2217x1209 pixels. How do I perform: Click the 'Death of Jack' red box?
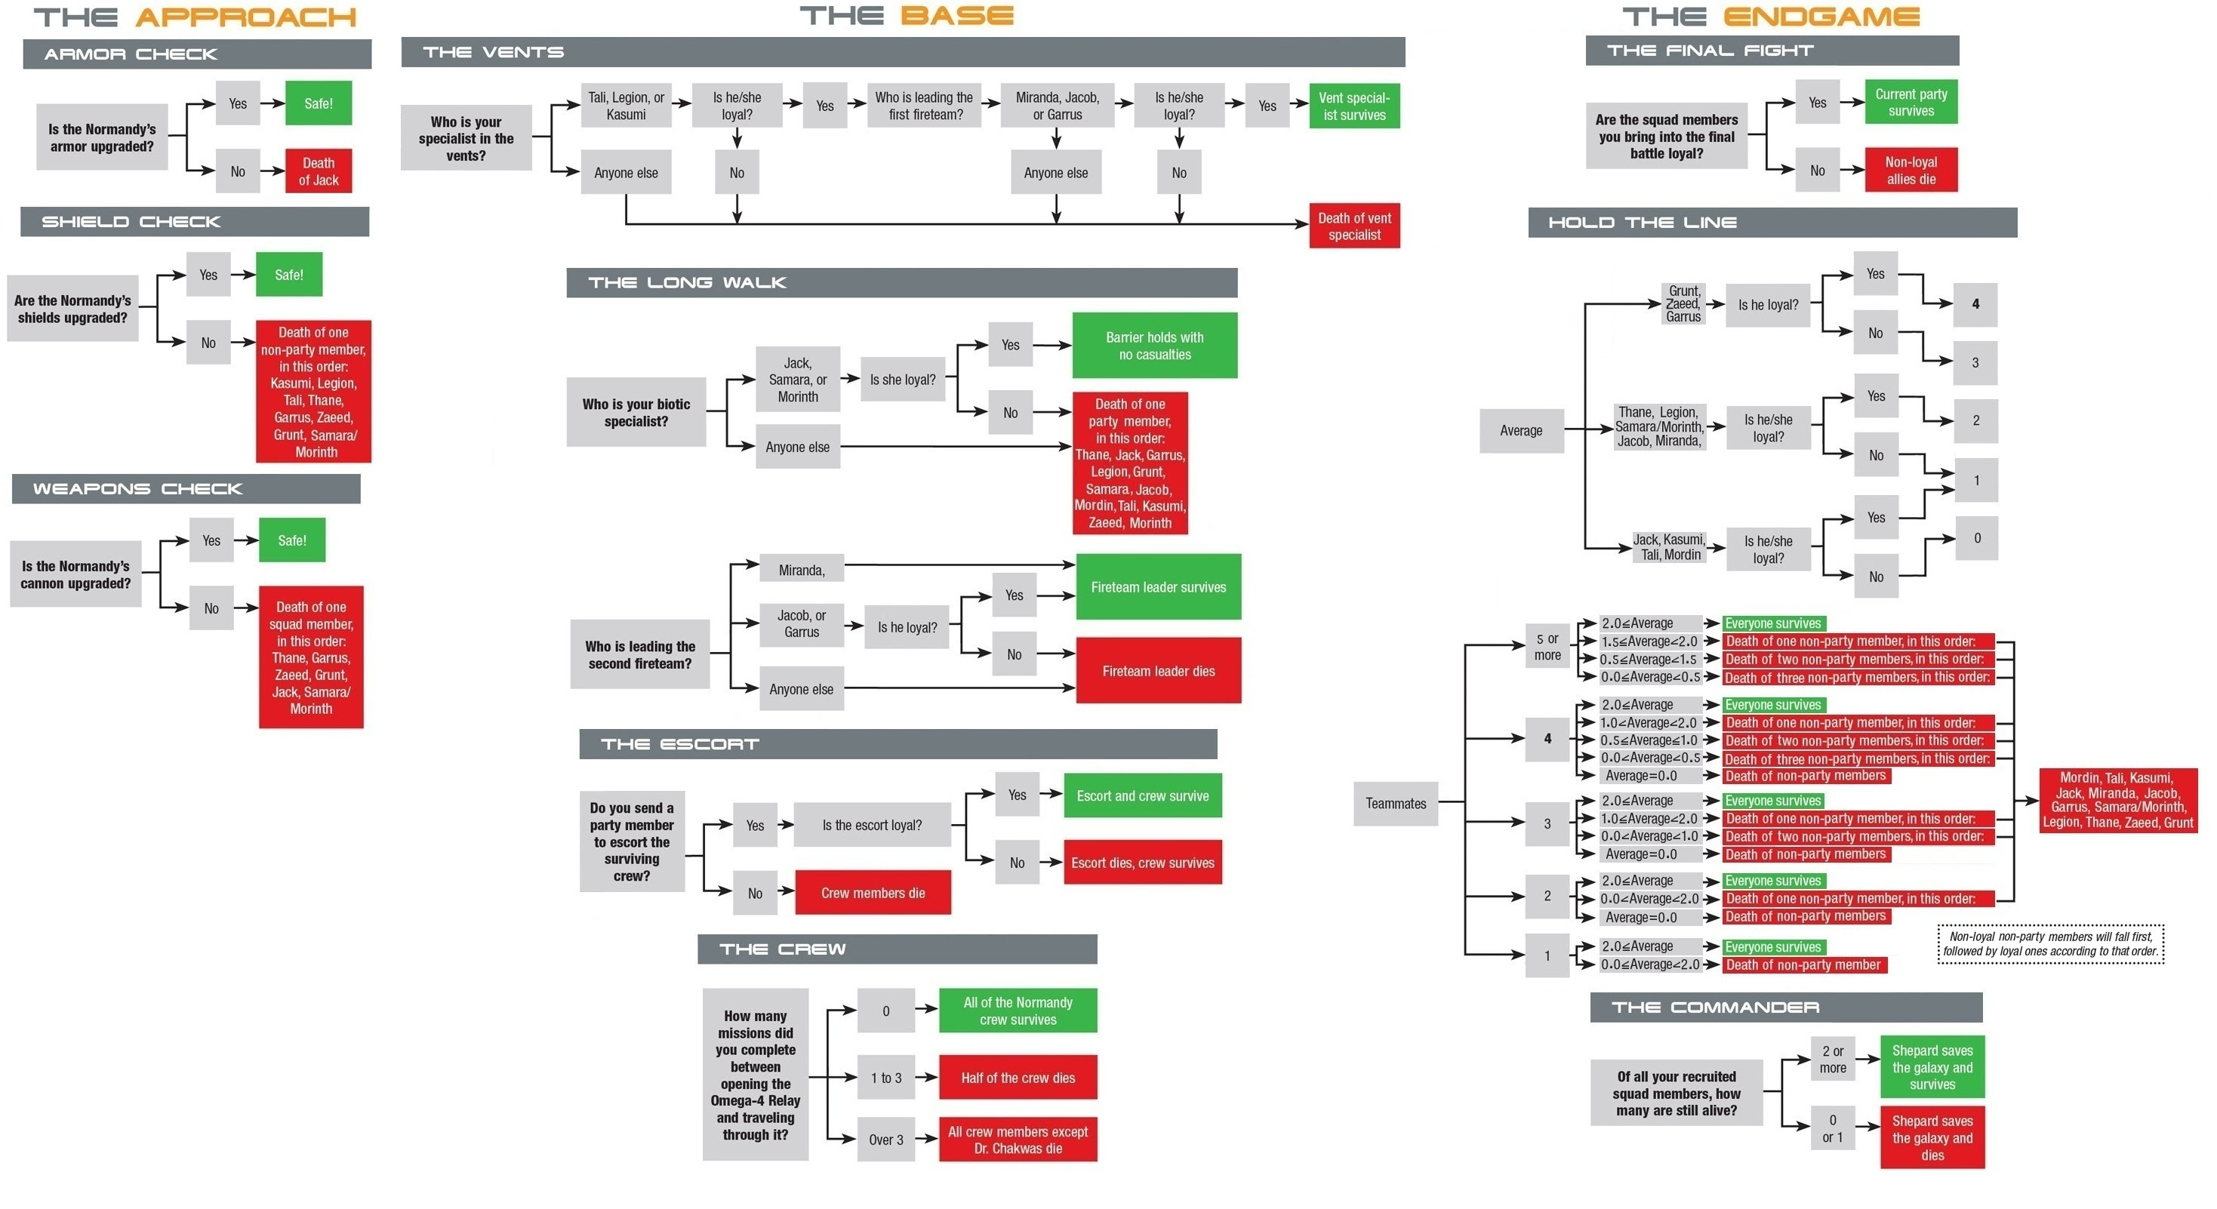coord(318,171)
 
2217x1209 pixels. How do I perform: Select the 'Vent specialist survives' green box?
coord(1353,106)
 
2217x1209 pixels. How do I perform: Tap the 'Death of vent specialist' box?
coord(1353,226)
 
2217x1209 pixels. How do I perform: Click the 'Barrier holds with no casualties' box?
coord(1154,345)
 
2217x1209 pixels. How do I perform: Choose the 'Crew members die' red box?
coord(873,892)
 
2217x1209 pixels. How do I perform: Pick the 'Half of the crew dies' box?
coord(1018,1078)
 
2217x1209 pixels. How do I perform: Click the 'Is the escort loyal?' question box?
coord(872,825)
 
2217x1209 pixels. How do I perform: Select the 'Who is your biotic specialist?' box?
coord(636,412)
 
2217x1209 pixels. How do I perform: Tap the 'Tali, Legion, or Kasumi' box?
coord(626,106)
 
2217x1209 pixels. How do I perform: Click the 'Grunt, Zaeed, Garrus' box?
coord(1683,303)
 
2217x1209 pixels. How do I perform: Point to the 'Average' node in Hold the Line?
coord(1521,430)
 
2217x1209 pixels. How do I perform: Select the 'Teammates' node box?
coord(1395,803)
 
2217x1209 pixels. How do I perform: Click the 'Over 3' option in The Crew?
coord(885,1140)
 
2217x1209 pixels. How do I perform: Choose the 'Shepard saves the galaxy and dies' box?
coord(1932,1137)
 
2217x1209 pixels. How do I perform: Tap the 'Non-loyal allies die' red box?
coord(1911,171)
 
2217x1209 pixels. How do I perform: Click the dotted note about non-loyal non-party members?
coord(2050,944)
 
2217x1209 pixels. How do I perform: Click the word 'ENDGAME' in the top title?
coord(1821,17)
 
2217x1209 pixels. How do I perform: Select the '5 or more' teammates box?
coord(1547,646)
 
